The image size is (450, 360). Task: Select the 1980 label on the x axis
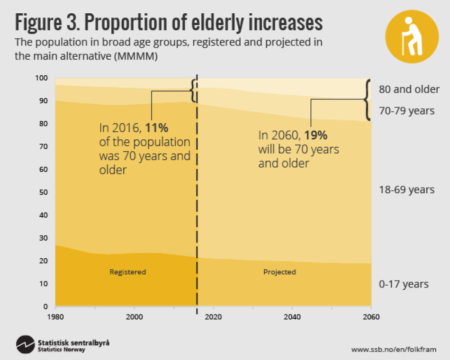(x=55, y=317)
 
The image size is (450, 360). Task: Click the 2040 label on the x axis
(x=292, y=317)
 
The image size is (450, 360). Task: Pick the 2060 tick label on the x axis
(x=370, y=317)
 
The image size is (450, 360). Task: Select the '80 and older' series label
(x=409, y=89)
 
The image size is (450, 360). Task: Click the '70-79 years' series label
(x=406, y=111)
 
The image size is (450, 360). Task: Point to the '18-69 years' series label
(x=406, y=190)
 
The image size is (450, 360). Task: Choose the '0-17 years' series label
(x=404, y=284)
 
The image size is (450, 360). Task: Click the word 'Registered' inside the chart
(x=127, y=272)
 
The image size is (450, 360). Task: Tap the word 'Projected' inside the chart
(x=279, y=272)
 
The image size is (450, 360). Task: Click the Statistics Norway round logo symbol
(x=25, y=345)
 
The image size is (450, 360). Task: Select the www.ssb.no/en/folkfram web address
(x=393, y=350)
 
